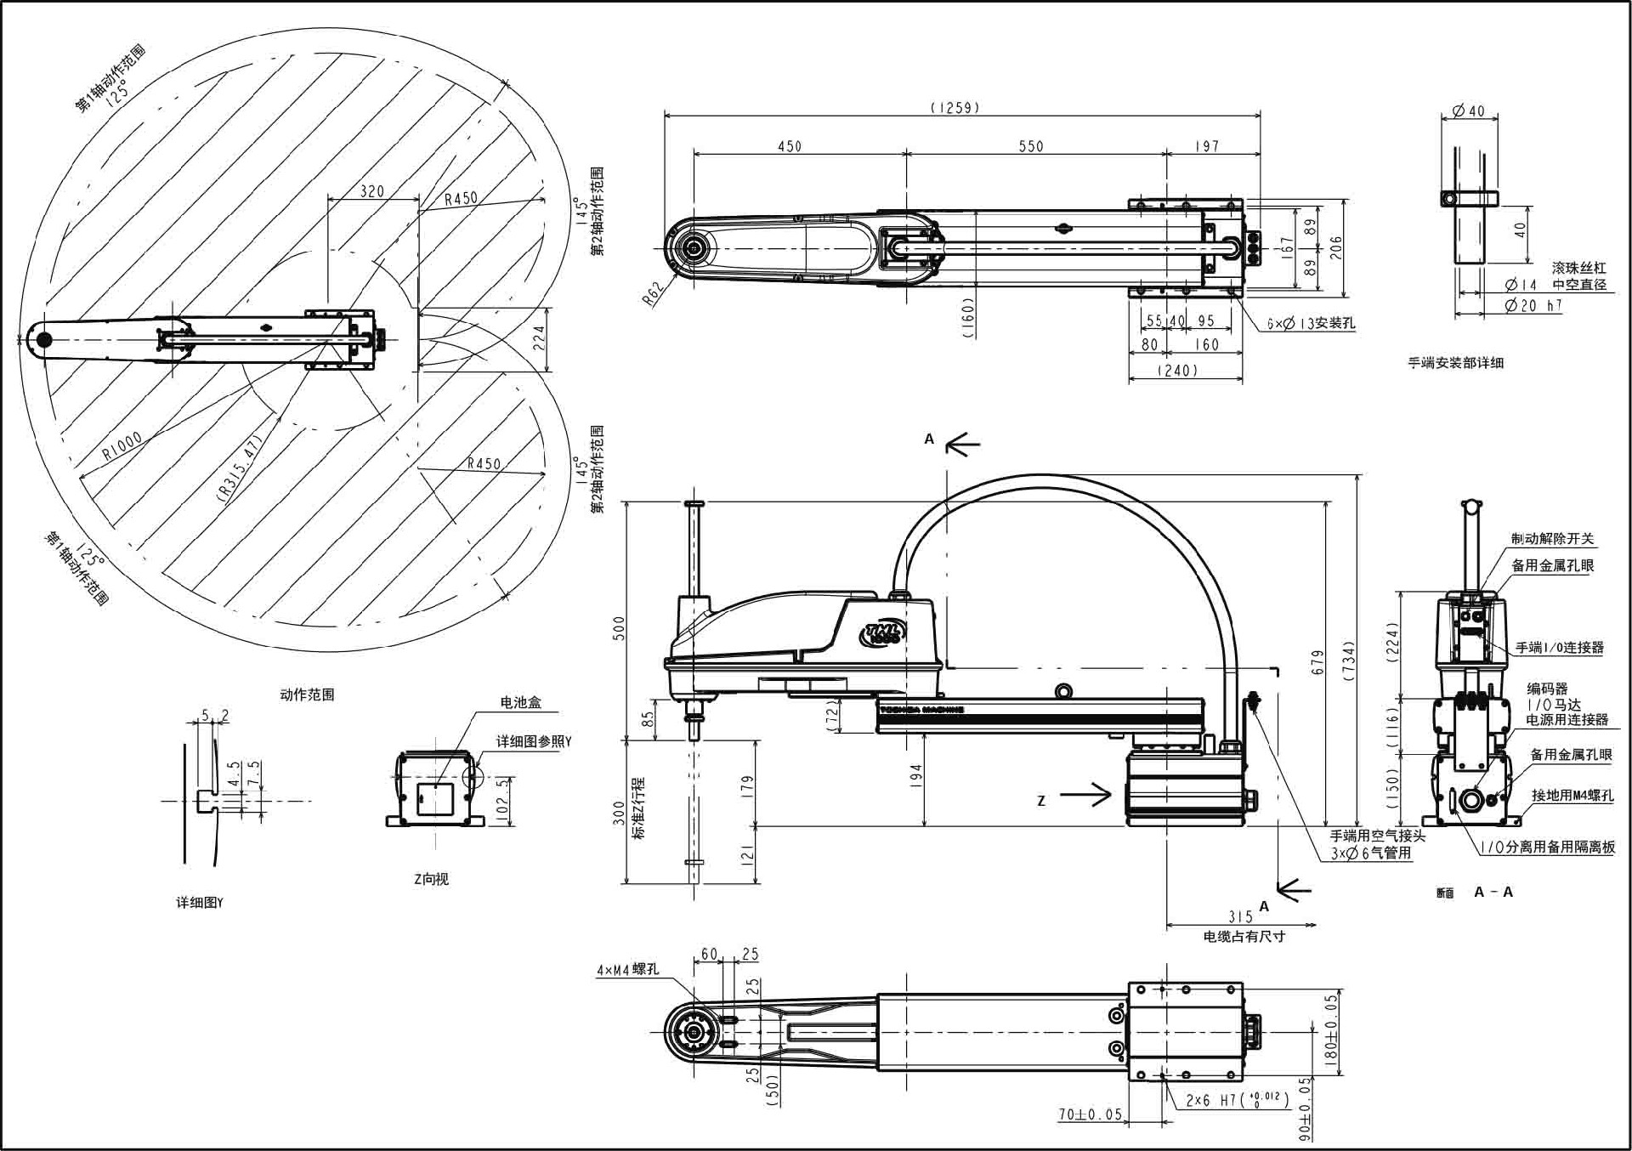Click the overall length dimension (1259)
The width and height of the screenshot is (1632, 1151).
click(x=955, y=108)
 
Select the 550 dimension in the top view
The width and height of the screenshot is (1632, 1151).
click(x=1030, y=146)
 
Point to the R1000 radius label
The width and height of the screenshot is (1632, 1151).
click(x=122, y=447)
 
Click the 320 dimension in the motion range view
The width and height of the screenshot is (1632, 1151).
click(x=372, y=191)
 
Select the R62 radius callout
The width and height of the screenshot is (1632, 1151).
click(x=652, y=294)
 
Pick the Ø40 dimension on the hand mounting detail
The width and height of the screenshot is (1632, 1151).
click(x=1468, y=111)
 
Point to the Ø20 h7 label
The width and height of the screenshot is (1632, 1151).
click(x=1533, y=306)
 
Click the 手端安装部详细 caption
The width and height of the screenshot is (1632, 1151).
click(x=1455, y=363)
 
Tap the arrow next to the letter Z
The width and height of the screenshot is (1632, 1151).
click(x=1086, y=797)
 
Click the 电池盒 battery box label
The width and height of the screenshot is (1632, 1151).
click(x=520, y=702)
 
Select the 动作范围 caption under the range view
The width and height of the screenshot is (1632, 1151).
click(x=307, y=695)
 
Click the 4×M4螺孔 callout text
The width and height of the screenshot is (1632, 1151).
click(x=627, y=970)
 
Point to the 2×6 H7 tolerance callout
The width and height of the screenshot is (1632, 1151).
click(x=1237, y=1100)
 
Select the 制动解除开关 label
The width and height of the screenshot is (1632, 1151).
click(x=1552, y=539)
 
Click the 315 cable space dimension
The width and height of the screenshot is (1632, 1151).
click(x=1240, y=916)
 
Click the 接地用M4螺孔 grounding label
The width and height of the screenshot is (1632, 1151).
click(x=1572, y=796)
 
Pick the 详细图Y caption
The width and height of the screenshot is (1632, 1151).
click(x=200, y=903)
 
